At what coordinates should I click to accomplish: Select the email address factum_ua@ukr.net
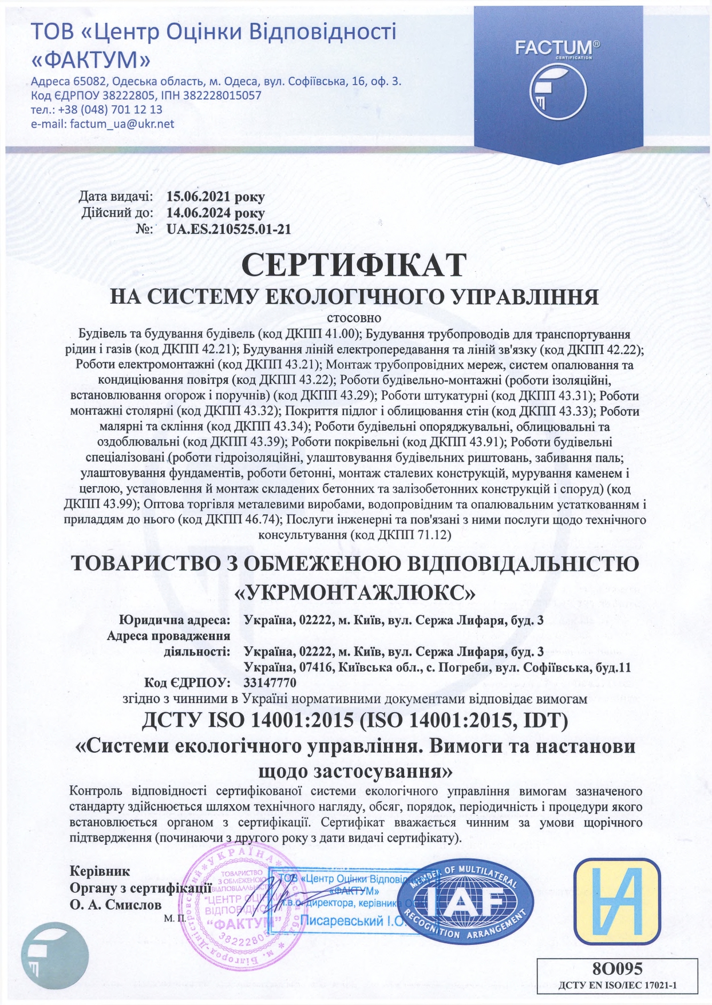pyautogui.click(x=122, y=124)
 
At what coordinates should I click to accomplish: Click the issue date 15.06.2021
pyautogui.click(x=197, y=197)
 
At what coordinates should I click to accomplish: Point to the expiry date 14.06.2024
pyautogui.click(x=197, y=213)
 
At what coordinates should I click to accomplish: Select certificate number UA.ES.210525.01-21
pyautogui.click(x=228, y=229)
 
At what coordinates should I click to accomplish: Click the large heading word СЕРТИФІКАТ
pyautogui.click(x=354, y=265)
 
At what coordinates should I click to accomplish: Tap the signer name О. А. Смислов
pyautogui.click(x=115, y=905)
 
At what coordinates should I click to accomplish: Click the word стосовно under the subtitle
pyautogui.click(x=354, y=317)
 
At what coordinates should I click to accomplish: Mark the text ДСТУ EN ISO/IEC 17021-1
pyautogui.click(x=618, y=986)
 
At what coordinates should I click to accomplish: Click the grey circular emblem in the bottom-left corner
pyautogui.click(x=55, y=956)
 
